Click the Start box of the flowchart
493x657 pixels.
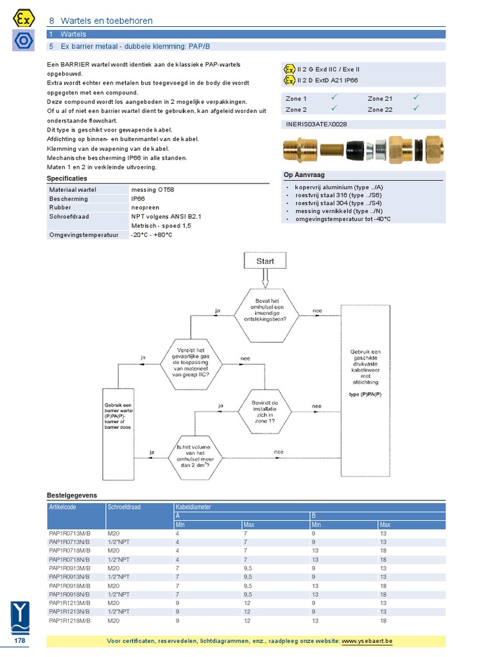click(264, 261)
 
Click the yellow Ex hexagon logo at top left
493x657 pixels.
click(23, 18)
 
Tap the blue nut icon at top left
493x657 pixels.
click(23, 40)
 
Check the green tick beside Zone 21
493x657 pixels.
click(416, 98)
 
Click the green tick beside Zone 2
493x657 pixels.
click(334, 108)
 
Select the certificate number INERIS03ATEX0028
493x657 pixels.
click(316, 124)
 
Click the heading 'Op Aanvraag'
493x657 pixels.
click(304, 175)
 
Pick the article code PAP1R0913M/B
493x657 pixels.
click(69, 568)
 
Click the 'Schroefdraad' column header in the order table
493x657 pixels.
click(125, 507)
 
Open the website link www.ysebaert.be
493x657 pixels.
click(367, 641)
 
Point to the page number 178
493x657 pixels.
click(19, 641)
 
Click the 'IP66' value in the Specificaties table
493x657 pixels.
click(139, 199)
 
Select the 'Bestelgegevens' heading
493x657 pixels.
click(72, 495)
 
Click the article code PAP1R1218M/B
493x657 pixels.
click(69, 621)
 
